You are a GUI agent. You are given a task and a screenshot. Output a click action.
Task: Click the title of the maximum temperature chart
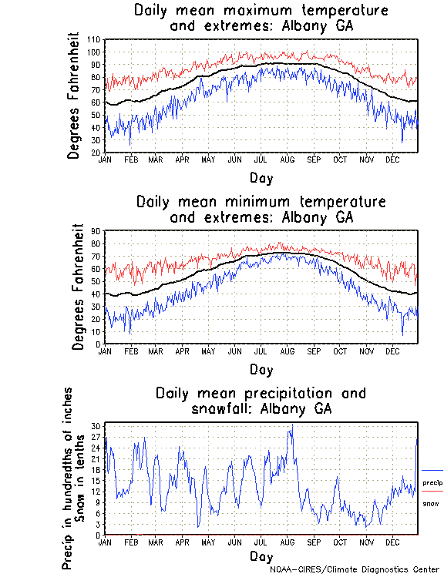tap(261, 18)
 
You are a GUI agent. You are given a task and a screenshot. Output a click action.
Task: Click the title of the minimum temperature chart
tap(261, 210)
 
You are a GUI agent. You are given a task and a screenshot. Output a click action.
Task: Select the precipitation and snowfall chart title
tap(261, 401)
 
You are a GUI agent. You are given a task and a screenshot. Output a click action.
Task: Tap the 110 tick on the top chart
tap(94, 39)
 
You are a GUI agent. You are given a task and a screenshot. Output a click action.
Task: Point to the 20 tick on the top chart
tap(96, 153)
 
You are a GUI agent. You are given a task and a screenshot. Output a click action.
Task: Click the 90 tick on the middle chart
tap(96, 230)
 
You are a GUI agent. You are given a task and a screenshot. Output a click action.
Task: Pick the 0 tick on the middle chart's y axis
tap(98, 344)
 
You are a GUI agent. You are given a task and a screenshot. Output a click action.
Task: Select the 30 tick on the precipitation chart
tap(96, 426)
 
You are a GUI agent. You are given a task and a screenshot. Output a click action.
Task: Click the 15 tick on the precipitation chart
tap(96, 481)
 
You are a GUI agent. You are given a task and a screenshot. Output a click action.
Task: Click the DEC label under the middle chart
tap(392, 351)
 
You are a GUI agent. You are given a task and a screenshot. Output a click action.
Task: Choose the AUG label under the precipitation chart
tap(286, 542)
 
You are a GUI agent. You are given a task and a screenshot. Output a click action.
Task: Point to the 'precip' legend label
tap(433, 482)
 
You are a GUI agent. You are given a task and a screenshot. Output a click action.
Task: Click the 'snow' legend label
tap(430, 503)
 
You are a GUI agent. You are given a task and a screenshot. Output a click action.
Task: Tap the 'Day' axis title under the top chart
tap(261, 178)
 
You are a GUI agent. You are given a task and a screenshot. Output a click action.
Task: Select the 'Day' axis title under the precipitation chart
tap(261, 556)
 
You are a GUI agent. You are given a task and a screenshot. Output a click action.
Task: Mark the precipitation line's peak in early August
tap(291, 425)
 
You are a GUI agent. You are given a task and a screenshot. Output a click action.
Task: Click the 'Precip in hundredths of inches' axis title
tap(69, 478)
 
